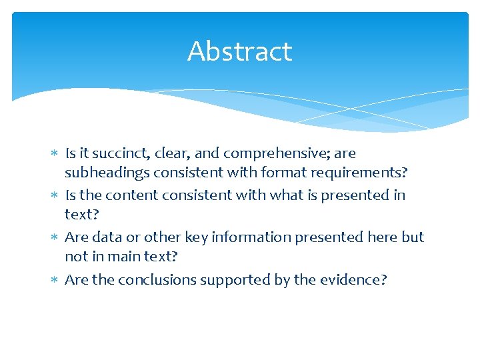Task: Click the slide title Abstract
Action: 239,51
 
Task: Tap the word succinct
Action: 125,153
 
